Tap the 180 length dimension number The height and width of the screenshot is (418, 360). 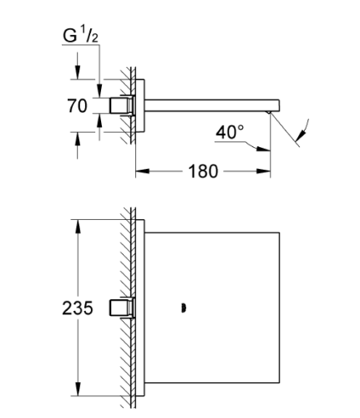coord(203,172)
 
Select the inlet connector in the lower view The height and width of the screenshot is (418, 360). coord(122,308)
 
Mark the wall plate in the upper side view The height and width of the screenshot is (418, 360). coord(140,105)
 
